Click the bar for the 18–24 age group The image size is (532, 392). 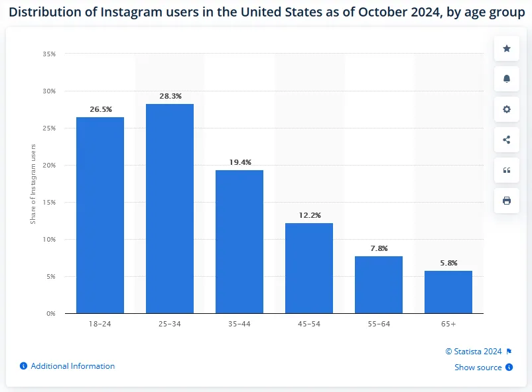click(100, 215)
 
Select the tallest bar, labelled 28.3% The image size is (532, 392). click(170, 208)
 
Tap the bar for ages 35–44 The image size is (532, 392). click(239, 241)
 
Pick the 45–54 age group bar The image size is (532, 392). click(309, 268)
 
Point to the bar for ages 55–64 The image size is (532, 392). click(379, 284)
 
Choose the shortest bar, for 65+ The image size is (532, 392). click(448, 291)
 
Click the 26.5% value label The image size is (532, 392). click(101, 109)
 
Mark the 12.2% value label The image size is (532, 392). click(309, 215)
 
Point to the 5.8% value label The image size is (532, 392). click(448, 263)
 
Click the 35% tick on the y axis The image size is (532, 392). click(50, 54)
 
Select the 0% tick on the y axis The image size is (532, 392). click(51, 313)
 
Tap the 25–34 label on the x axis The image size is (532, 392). click(170, 324)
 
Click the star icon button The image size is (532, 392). click(507, 48)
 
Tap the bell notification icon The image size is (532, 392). click(507, 79)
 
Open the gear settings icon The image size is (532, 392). click(507, 109)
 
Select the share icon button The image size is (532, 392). click(507, 140)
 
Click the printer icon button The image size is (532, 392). click(507, 201)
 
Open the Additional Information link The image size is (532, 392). click(72, 366)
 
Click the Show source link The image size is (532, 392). click(478, 367)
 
